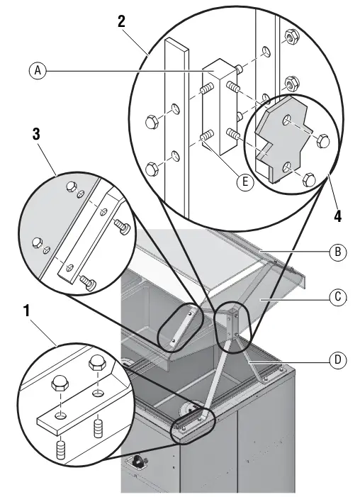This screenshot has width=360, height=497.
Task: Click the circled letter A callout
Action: (38, 70)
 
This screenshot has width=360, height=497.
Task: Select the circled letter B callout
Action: (338, 252)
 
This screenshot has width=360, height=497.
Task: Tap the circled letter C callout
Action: (338, 297)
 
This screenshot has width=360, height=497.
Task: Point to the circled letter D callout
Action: (338, 360)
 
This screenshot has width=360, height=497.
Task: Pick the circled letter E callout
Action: (245, 182)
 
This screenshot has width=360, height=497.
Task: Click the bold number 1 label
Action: (27, 311)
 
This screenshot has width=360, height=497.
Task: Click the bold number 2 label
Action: (121, 22)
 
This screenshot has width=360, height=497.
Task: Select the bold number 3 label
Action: (36, 135)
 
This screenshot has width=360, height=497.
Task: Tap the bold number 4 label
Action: (338, 216)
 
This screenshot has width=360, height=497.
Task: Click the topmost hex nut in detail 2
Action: (291, 38)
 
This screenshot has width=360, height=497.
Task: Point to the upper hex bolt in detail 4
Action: (323, 140)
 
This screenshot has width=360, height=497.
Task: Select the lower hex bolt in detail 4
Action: (309, 180)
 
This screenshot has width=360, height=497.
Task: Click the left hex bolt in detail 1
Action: (60, 384)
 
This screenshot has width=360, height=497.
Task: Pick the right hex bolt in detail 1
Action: (98, 363)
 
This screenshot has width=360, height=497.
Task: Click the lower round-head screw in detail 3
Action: (88, 281)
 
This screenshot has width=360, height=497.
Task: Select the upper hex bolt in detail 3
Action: (72, 186)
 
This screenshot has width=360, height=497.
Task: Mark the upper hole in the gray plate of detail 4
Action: (287, 120)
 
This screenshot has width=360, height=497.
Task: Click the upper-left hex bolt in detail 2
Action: (152, 122)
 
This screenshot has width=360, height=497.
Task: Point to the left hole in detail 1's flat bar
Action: (60, 415)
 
